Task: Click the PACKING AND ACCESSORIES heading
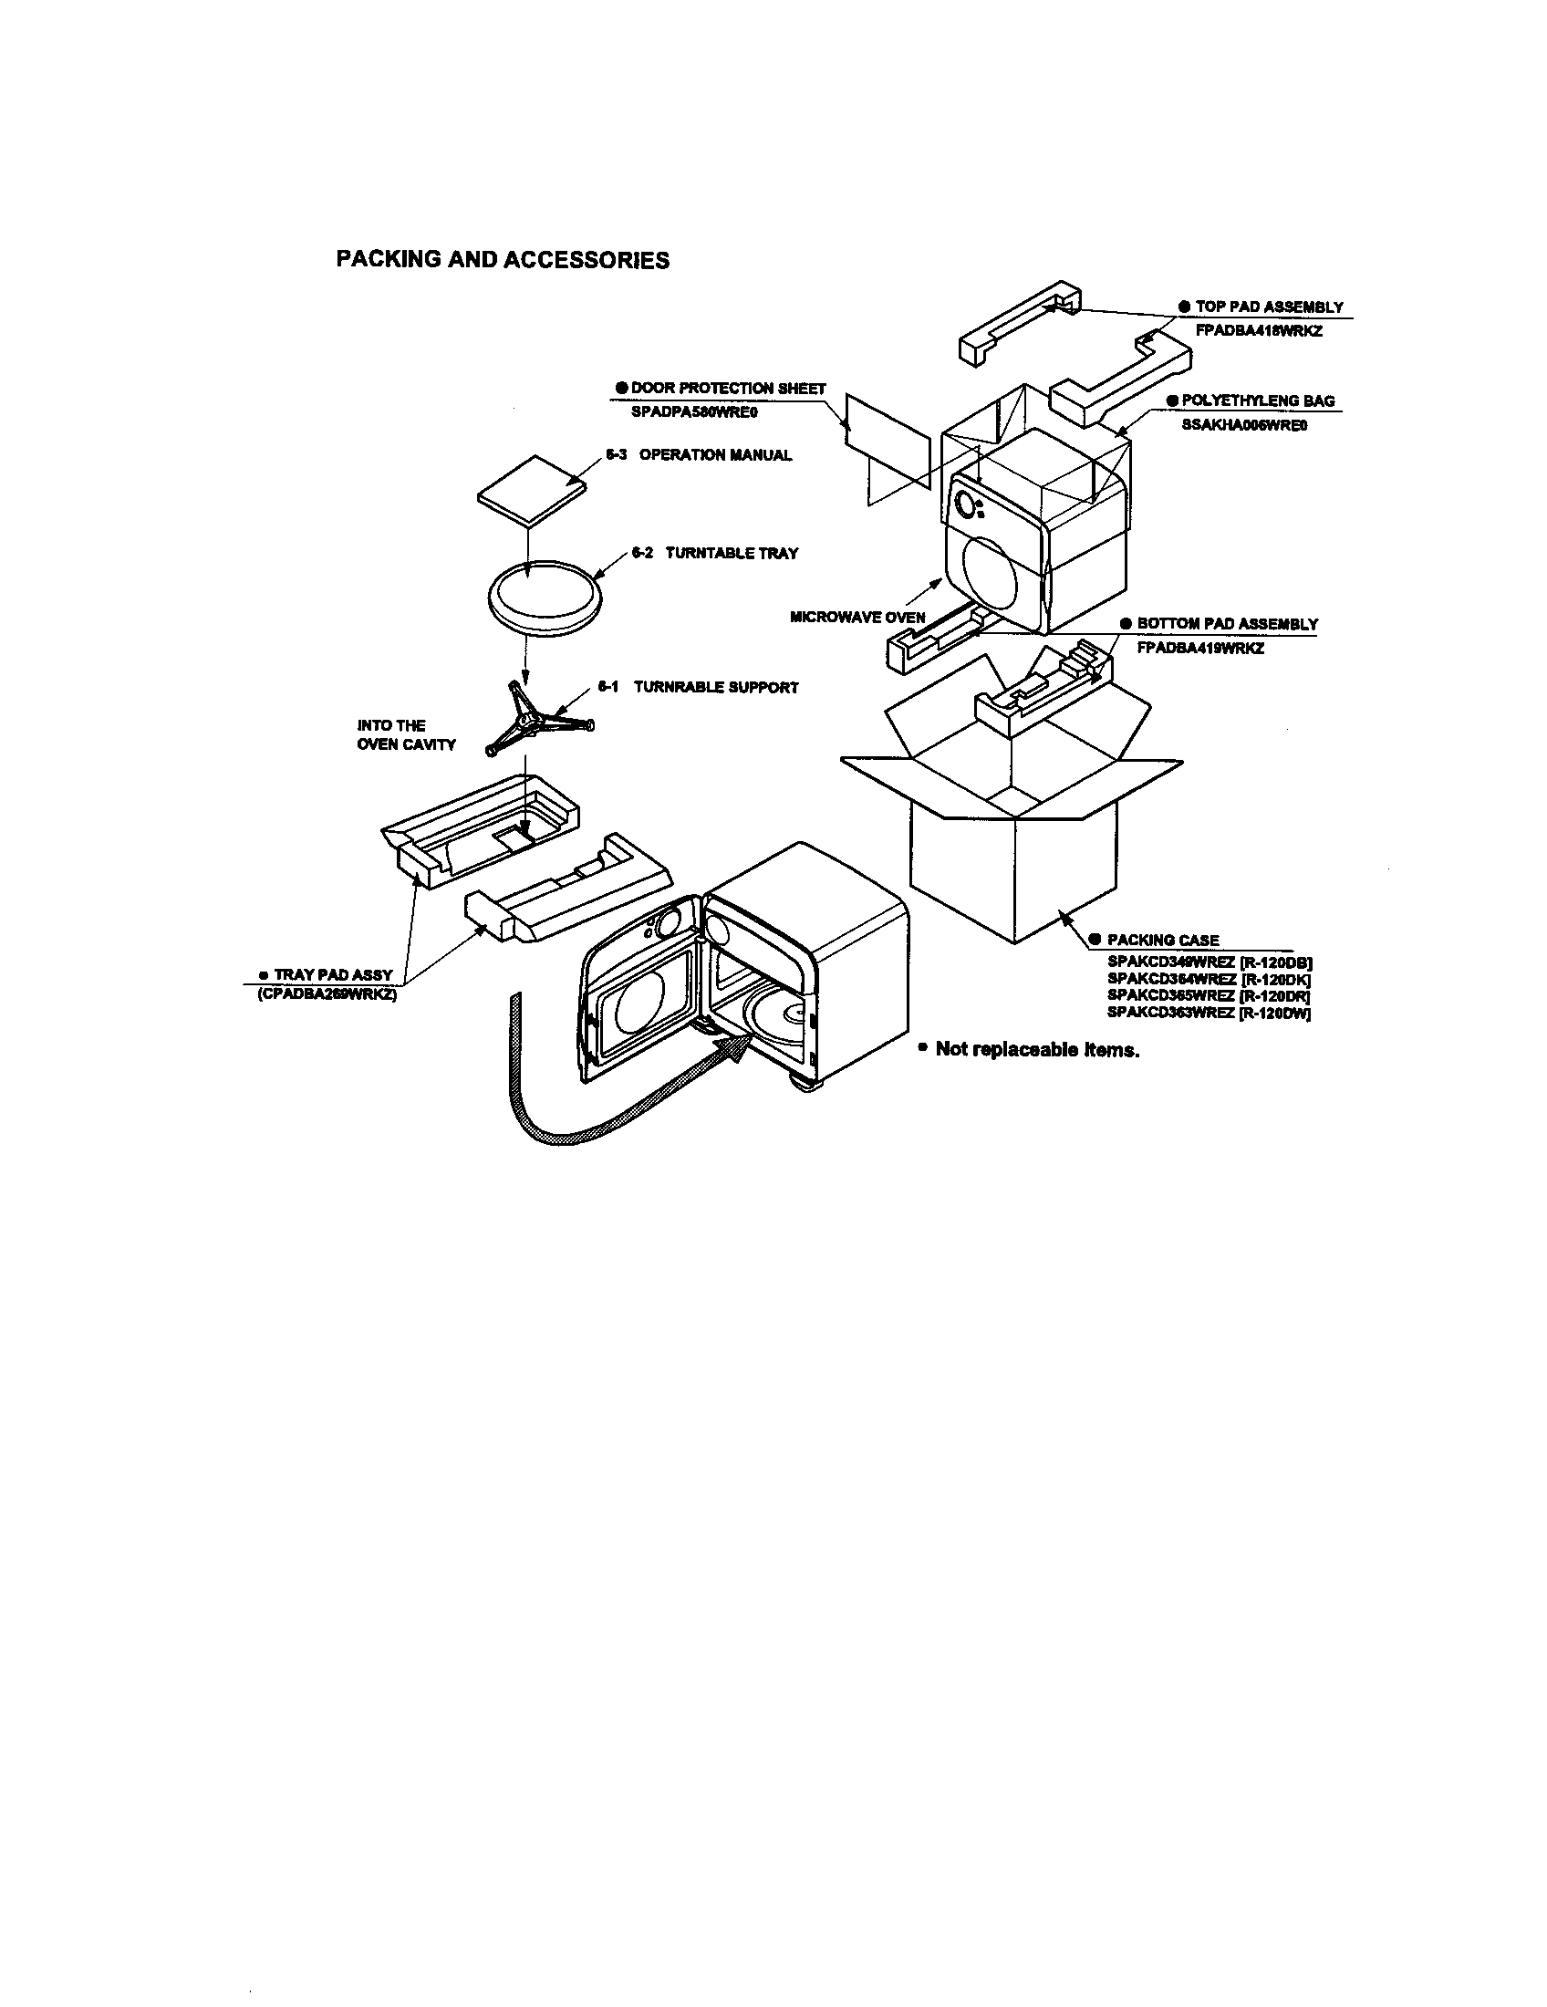(503, 260)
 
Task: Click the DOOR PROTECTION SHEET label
(728, 389)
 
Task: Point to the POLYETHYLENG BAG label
(1258, 400)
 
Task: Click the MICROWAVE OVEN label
(857, 617)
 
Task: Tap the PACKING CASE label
(1162, 939)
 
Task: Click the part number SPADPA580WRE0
(693, 411)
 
